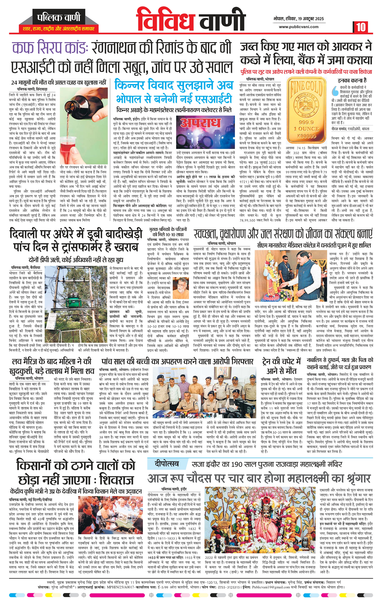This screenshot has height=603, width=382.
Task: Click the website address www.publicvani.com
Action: click(x=299, y=27)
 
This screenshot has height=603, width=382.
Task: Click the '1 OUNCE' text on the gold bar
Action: click(x=306, y=128)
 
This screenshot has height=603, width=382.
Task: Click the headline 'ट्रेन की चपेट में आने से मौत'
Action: click(x=281, y=366)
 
